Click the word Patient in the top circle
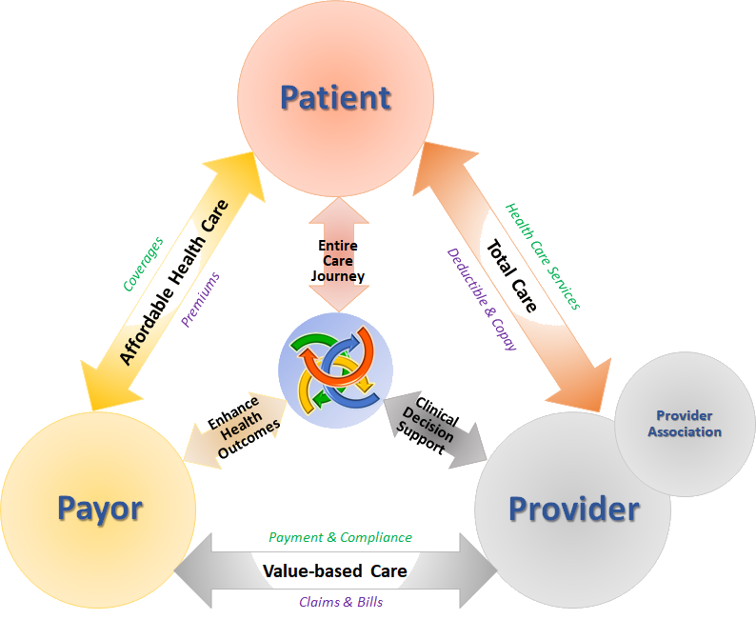335,98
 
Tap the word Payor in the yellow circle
100,510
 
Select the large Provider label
574,510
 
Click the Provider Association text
685,424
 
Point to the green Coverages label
143,264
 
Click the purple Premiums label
200,300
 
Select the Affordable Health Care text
173,282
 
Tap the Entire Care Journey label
337,261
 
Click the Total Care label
511,276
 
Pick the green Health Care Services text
543,256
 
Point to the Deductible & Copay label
482,299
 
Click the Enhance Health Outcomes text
244,427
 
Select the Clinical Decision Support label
428,425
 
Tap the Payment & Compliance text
340,537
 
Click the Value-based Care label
334,571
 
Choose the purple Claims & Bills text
341,602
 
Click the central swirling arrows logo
335,370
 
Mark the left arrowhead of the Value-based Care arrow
193,570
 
